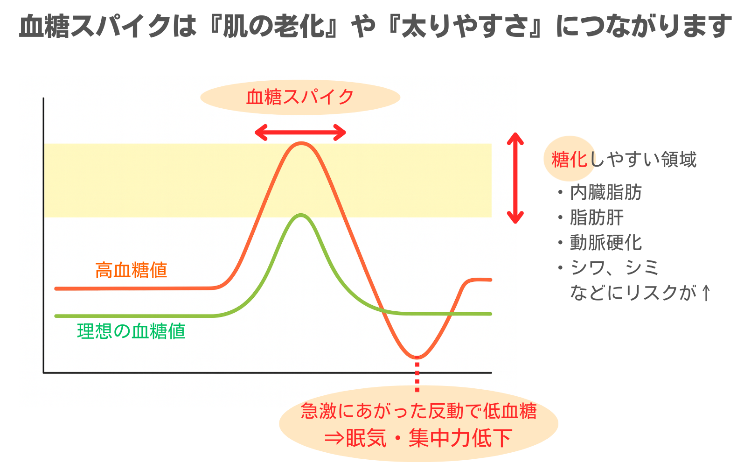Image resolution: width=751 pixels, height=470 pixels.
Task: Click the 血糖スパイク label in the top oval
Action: click(300, 97)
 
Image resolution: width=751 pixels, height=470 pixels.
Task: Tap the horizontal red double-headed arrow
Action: click(300, 133)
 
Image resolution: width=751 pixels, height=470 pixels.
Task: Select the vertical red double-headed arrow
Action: click(515, 178)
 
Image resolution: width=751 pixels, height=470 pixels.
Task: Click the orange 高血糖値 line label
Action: click(131, 270)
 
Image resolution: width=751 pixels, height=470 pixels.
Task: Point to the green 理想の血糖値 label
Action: click(131, 331)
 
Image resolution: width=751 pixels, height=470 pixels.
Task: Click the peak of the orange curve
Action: click(301, 143)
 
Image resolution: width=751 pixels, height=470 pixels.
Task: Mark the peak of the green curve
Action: click(301, 215)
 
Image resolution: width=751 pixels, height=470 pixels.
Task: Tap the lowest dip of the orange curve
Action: click(417, 357)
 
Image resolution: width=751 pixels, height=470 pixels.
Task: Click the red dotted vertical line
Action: click(417, 374)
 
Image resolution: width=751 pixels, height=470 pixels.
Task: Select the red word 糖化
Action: click(570, 159)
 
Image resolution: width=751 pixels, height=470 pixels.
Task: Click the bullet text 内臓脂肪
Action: click(606, 193)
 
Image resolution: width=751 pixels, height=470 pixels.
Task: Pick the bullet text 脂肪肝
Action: click(597, 217)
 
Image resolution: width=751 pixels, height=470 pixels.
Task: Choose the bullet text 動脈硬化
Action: click(606, 243)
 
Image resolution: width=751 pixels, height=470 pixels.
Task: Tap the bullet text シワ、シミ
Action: click(614, 268)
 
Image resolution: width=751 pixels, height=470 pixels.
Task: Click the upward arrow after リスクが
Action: click(706, 293)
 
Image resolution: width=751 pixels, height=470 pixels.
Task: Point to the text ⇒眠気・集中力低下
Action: click(418, 438)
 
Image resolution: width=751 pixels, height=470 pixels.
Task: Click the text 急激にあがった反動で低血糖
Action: click(419, 411)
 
